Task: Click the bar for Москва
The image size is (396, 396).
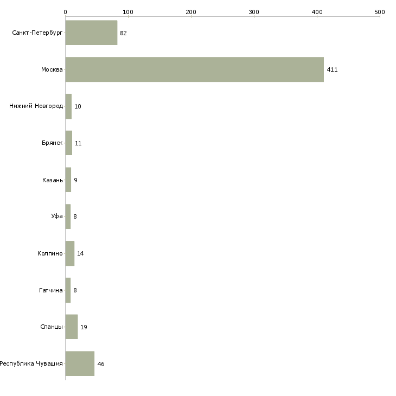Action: (x=194, y=69)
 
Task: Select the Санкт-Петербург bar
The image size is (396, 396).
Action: (x=91, y=33)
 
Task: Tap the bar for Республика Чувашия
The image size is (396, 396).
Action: (x=80, y=363)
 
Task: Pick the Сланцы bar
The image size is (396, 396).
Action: (x=72, y=327)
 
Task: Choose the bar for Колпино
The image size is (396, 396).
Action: (x=70, y=253)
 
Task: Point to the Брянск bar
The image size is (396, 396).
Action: (x=69, y=143)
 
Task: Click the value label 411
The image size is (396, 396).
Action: (x=332, y=69)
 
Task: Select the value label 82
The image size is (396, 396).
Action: (x=123, y=33)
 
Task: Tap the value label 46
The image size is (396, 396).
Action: (x=100, y=364)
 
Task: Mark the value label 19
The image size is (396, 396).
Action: (x=84, y=327)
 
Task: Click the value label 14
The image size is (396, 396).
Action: (x=80, y=253)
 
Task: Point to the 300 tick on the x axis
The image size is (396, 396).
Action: (x=254, y=11)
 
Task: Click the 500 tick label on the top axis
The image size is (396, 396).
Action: (x=379, y=11)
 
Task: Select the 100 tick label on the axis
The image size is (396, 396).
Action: (x=128, y=11)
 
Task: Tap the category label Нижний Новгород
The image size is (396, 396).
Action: (x=36, y=106)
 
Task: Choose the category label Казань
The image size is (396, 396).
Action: (x=53, y=180)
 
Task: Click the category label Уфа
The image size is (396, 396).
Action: (x=57, y=216)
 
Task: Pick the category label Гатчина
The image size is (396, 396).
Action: (x=51, y=290)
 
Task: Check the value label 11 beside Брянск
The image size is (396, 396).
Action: (x=78, y=143)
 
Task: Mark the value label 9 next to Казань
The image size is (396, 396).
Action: (x=75, y=180)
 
